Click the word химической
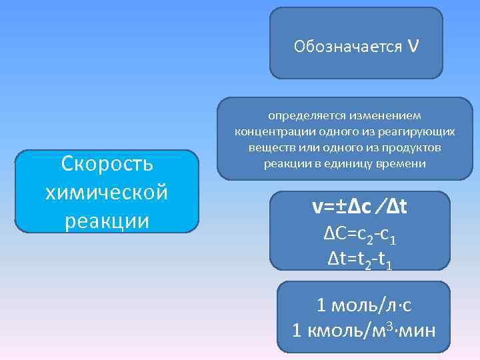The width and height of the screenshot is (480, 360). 107,192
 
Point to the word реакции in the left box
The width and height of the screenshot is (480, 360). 107,220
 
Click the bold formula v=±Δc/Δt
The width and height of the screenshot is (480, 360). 359,207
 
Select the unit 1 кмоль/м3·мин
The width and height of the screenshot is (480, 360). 364,330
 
